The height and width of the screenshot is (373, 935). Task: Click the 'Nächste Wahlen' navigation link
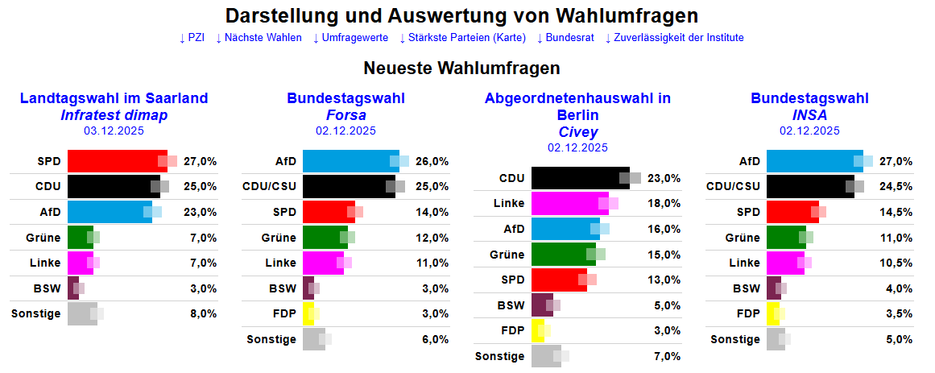[263, 38]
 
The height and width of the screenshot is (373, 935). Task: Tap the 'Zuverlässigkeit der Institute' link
[678, 38]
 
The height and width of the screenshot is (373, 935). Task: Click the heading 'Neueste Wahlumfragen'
[461, 68]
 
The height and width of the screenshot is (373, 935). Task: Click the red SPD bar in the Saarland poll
[113, 161]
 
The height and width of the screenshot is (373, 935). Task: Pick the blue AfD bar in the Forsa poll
[346, 161]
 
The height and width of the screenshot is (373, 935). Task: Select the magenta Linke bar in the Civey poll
[568, 203]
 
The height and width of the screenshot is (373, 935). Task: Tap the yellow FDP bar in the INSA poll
[772, 313]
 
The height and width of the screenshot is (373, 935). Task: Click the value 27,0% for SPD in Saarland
[201, 161]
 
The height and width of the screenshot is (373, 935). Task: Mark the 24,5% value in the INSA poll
[896, 187]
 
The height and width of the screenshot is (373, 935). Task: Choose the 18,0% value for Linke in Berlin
[664, 203]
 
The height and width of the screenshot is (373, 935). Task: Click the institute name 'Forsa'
[345, 115]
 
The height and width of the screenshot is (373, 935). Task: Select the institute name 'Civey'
[577, 132]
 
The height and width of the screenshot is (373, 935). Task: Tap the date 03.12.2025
[114, 130]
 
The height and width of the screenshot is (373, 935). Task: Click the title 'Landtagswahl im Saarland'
[114, 99]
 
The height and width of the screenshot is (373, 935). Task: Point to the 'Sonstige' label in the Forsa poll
[271, 339]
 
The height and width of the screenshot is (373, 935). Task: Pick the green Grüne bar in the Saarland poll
[80, 238]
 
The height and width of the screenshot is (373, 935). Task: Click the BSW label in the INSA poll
[746, 288]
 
